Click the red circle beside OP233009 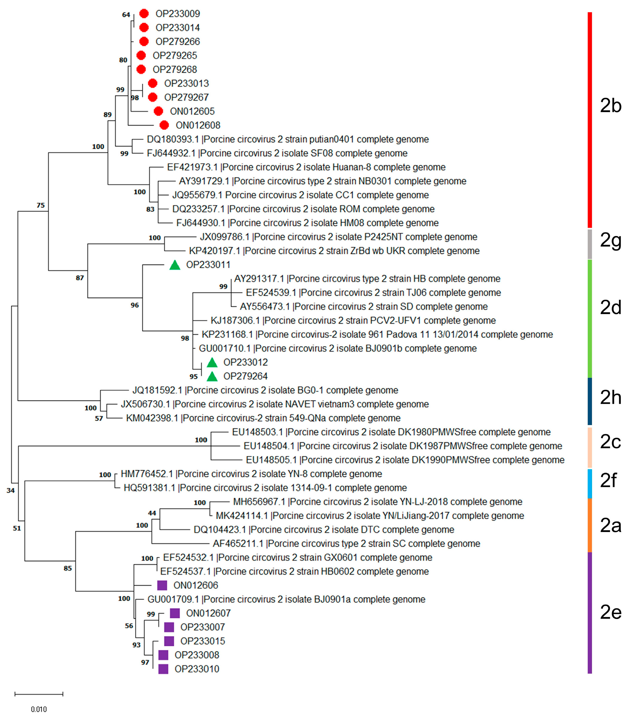coord(144,14)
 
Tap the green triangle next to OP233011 coord(175,266)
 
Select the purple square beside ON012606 coord(162,585)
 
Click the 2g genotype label coord(611,241)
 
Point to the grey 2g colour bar coord(590,244)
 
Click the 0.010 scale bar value coord(39,709)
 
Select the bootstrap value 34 coord(10,490)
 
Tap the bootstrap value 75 coord(41,205)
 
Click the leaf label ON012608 coord(198,125)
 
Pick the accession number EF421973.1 coord(192,167)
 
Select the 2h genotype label coord(611,397)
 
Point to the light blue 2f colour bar coord(590,483)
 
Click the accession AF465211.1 coord(238,544)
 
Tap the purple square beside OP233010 coord(163,669)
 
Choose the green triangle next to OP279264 coord(212,377)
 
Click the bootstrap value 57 coord(99,418)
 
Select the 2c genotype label coord(611,442)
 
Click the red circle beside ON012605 coord(158,111)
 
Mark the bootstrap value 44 coord(152,513)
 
